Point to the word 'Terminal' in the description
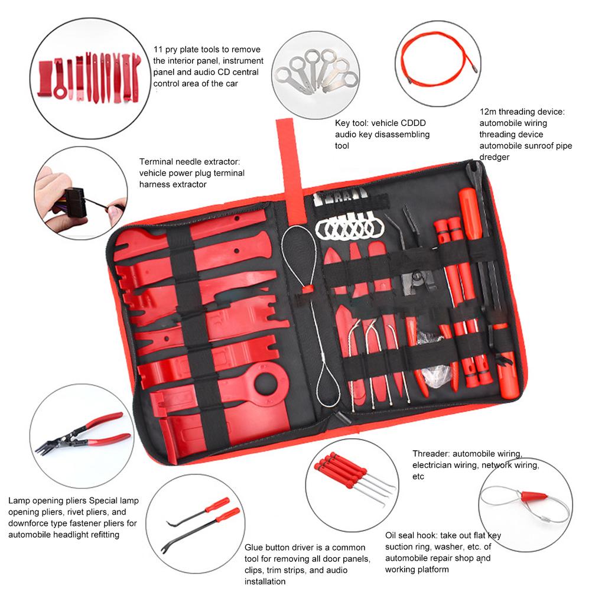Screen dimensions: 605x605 (x=157, y=162)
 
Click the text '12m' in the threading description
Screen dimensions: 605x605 (x=488, y=112)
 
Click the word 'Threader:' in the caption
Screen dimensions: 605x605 (x=431, y=454)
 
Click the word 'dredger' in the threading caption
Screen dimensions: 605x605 (x=495, y=157)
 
